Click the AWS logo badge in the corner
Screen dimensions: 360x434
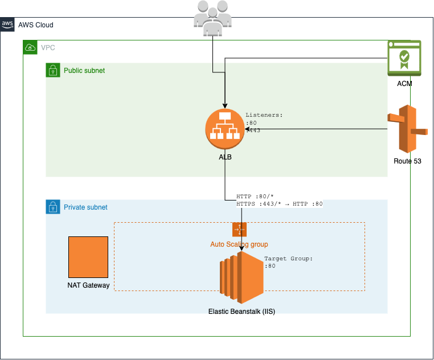7,24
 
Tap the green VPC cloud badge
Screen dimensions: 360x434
30,47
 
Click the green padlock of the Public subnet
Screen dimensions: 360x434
53,70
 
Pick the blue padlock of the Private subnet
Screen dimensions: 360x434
53,207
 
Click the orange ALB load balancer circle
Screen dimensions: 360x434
225,129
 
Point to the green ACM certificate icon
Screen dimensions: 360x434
404,58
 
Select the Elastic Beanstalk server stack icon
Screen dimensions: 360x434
241,277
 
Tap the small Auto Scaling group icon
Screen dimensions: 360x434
239,230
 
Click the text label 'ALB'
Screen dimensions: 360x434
225,157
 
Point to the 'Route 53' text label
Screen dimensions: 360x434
407,161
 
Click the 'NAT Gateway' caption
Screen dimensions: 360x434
88,285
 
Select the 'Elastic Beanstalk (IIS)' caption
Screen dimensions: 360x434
241,312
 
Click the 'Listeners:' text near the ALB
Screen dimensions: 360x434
264,115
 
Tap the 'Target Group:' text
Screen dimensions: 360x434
289,259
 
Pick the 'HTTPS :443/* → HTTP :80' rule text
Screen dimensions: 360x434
279,204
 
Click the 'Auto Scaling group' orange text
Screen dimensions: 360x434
239,244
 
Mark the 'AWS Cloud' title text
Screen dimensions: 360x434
36,25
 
